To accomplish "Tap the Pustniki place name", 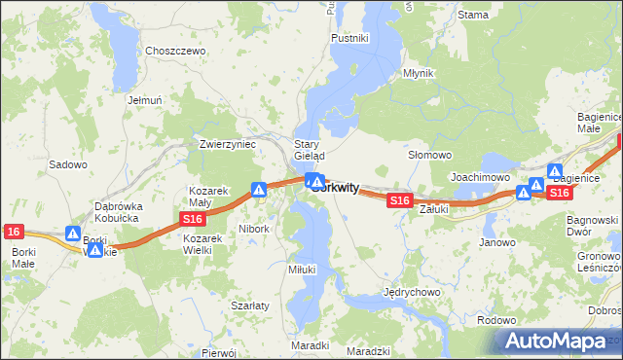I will click(x=348, y=38).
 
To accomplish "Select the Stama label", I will click(x=472, y=15).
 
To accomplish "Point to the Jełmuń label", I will click(x=143, y=99).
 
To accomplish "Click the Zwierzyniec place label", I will click(x=227, y=143).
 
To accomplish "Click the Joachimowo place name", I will click(x=480, y=177).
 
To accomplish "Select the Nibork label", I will click(x=253, y=229).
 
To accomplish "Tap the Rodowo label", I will click(x=497, y=320).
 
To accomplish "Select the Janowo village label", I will click(x=497, y=242).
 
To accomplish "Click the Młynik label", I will click(x=418, y=74).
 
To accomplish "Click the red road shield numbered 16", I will click(x=13, y=232).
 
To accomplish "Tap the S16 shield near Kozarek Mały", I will click(x=192, y=222).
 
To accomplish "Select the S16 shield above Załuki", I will click(x=398, y=200).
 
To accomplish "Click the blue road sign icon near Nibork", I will click(x=260, y=190).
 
